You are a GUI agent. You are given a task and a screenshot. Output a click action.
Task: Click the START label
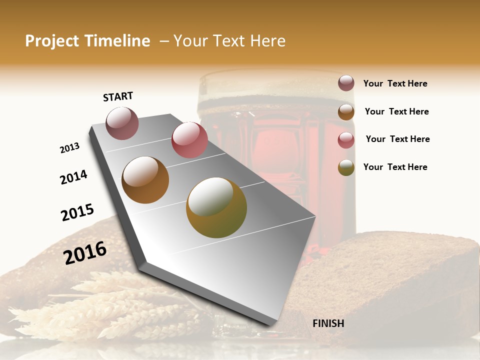click(x=118, y=96)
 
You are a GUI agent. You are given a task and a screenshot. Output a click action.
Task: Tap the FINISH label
click(x=328, y=323)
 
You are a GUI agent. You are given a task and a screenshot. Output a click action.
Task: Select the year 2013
click(x=69, y=148)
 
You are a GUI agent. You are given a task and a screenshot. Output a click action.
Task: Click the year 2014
click(x=73, y=177)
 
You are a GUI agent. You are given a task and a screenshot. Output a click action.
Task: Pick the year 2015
click(x=77, y=212)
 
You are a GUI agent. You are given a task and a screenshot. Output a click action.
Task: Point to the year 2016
click(x=85, y=253)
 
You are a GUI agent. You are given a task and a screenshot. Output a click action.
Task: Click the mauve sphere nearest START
click(x=122, y=123)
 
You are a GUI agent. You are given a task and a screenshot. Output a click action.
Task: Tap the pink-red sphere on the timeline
click(x=189, y=139)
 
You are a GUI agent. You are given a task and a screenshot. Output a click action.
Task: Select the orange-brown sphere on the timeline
click(x=145, y=180)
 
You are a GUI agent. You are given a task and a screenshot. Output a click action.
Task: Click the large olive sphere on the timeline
click(x=216, y=207)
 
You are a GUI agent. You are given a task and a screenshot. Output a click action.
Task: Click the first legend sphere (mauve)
click(x=346, y=83)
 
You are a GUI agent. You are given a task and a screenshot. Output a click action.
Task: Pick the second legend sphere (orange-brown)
click(x=346, y=112)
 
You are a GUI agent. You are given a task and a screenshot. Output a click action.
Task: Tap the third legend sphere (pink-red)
click(x=346, y=140)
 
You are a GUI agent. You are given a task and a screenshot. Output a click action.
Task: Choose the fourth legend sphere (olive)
click(x=346, y=167)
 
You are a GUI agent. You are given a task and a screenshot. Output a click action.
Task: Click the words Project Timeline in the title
click(x=87, y=41)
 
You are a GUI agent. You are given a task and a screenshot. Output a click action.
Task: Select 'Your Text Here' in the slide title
click(x=229, y=41)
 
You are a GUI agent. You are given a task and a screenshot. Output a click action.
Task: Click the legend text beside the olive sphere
click(x=395, y=167)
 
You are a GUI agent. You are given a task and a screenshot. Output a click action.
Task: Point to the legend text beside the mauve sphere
click(x=395, y=83)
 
